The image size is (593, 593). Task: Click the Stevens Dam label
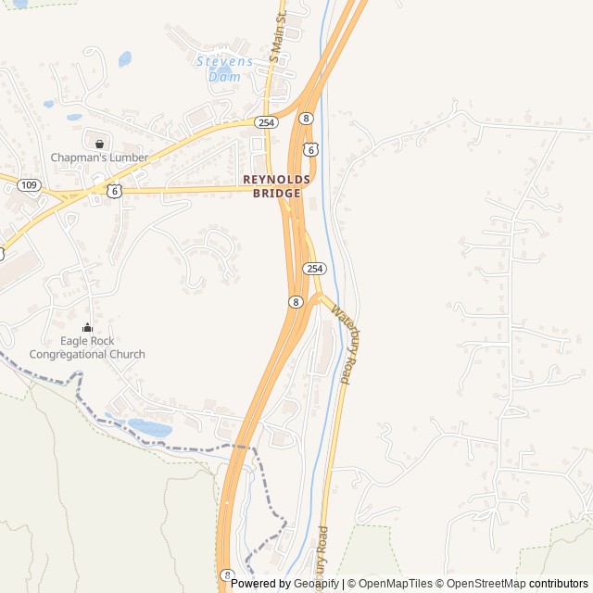pyautogui.click(x=223, y=69)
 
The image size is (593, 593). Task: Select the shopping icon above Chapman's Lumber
pyautogui.click(x=99, y=144)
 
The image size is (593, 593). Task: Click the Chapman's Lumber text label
pyautogui.click(x=99, y=158)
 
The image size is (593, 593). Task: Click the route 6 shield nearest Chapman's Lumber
pyautogui.click(x=113, y=190)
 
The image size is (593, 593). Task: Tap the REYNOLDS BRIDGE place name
pyautogui.click(x=271, y=186)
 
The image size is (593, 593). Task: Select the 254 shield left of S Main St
pyautogui.click(x=267, y=122)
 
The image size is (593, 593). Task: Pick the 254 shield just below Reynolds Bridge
pyautogui.click(x=315, y=268)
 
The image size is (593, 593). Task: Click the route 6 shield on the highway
pyautogui.click(x=311, y=148)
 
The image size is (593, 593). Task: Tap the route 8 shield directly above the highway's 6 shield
pyautogui.click(x=306, y=119)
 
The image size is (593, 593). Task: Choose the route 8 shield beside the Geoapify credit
pyautogui.click(x=228, y=574)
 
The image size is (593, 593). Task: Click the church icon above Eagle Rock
pyautogui.click(x=88, y=327)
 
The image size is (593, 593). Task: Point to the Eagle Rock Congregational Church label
pyautogui.click(x=87, y=347)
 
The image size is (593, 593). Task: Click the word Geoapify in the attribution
pyautogui.click(x=317, y=584)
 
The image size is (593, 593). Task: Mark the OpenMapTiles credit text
pyautogui.click(x=396, y=584)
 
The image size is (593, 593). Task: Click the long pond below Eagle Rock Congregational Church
pyautogui.click(x=148, y=427)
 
